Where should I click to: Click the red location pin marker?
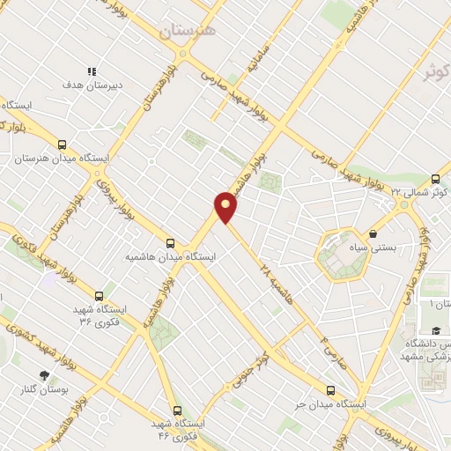coord(226,206)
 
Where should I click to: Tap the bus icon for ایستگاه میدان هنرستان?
coord(62,144)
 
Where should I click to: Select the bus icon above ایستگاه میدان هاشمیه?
coord(170,243)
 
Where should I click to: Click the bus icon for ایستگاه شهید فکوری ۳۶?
coord(98,296)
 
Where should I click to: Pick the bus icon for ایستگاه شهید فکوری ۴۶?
coord(177,410)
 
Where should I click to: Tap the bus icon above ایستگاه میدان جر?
coord(331,390)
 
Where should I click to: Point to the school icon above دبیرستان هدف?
coord(91,71)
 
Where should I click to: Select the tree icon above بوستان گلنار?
coord(44,374)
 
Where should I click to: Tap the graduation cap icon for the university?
coord(436,329)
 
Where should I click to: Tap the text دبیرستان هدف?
coord(91,86)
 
